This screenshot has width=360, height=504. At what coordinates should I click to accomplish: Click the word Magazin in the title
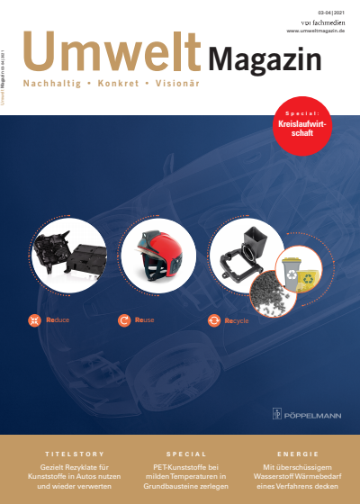265,60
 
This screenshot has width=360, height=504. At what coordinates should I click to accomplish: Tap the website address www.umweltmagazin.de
317,31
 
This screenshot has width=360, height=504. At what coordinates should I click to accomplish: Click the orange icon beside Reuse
124,319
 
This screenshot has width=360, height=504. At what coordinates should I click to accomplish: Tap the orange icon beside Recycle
214,319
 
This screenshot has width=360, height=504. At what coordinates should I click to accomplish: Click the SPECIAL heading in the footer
186,454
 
